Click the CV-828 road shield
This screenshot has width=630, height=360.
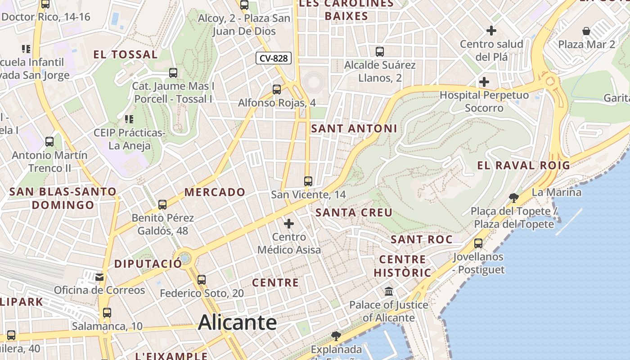(x=274, y=58)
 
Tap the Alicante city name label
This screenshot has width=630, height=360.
(x=237, y=322)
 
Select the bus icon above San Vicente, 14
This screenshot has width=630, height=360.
(x=308, y=181)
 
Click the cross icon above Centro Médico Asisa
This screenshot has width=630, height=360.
(x=289, y=223)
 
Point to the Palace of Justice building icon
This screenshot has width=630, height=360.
(x=389, y=292)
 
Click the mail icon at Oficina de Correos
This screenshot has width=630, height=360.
(x=99, y=277)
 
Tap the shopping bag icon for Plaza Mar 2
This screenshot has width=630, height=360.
(x=586, y=31)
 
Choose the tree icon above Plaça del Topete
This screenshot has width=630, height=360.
(x=513, y=198)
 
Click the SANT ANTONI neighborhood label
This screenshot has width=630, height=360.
(x=354, y=129)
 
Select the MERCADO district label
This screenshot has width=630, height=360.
(x=215, y=192)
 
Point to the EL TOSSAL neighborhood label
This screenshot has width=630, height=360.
(x=126, y=55)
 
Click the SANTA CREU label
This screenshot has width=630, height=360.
(x=354, y=212)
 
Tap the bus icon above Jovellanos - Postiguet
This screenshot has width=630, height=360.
(x=478, y=243)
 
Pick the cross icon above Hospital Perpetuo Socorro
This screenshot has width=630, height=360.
(x=484, y=82)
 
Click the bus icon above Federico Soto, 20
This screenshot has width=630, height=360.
(x=202, y=280)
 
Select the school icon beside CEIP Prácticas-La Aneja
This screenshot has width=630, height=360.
(x=129, y=119)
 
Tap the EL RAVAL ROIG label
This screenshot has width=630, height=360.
(x=524, y=165)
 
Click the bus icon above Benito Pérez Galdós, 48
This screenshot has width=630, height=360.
(x=162, y=205)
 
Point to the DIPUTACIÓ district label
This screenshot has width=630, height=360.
(x=148, y=264)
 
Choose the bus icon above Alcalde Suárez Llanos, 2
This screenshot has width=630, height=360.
(x=380, y=52)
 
